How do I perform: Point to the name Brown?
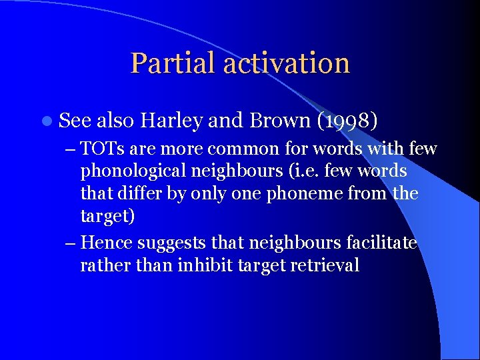[279, 121]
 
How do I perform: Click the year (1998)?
[348, 121]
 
